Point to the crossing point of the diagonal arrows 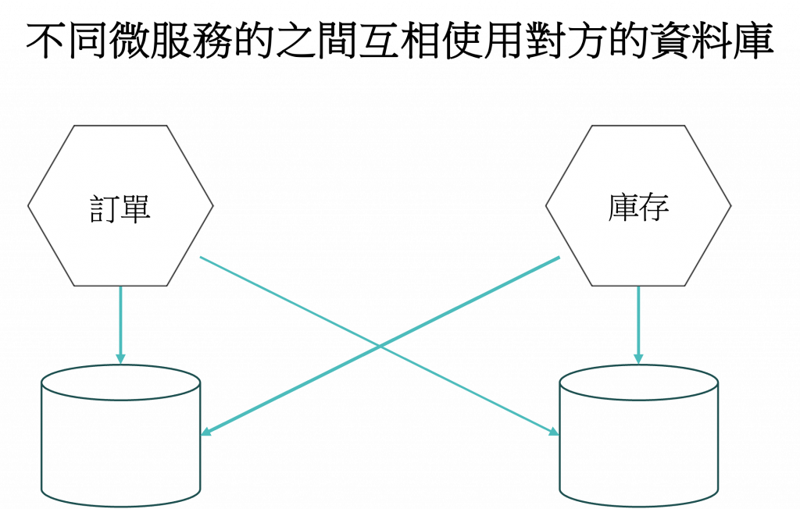pyautogui.click(x=380, y=345)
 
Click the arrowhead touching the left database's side pyautogui.click(x=205, y=434)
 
